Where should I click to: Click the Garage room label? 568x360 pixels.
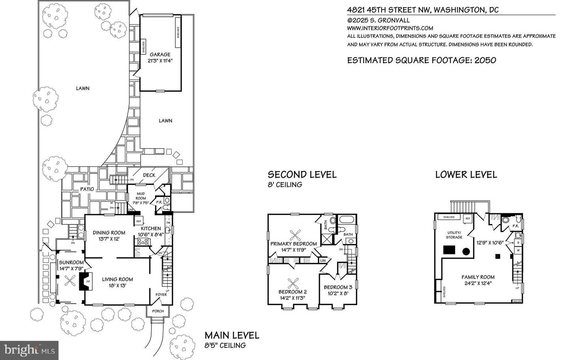tap(160, 54)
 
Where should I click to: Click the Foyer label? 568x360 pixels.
tap(161, 294)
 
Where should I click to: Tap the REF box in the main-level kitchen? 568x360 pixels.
tap(139, 222)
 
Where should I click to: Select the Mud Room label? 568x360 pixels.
tap(141, 196)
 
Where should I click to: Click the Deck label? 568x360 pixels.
tap(149, 175)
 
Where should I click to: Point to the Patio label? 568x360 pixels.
tap(87, 189)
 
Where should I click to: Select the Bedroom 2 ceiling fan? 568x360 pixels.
tap(293, 283)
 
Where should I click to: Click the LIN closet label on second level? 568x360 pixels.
tap(323, 261)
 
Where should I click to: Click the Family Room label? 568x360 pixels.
tap(478, 277)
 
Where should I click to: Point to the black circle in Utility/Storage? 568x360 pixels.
tap(466, 252)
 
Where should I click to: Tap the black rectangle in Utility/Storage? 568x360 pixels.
tap(449, 250)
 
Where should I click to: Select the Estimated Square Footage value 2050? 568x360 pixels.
tap(485, 60)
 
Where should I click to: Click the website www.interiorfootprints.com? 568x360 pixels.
tap(390, 28)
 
